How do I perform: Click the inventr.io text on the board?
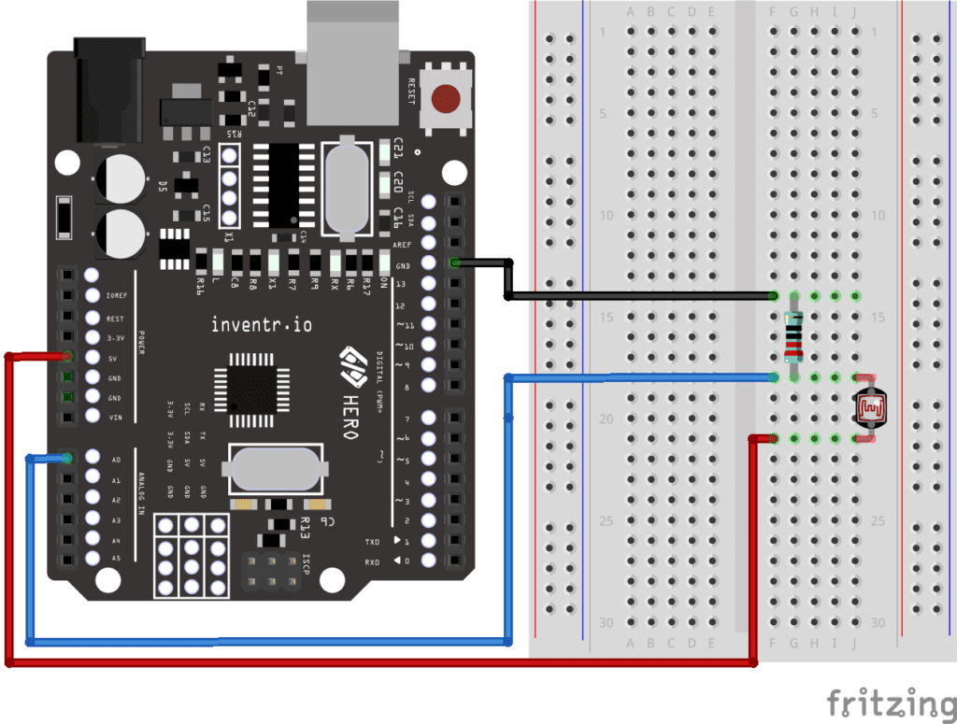tap(262, 325)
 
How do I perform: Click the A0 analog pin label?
tap(116, 460)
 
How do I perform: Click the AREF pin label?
tap(401, 244)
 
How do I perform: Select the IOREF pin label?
tap(115, 296)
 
